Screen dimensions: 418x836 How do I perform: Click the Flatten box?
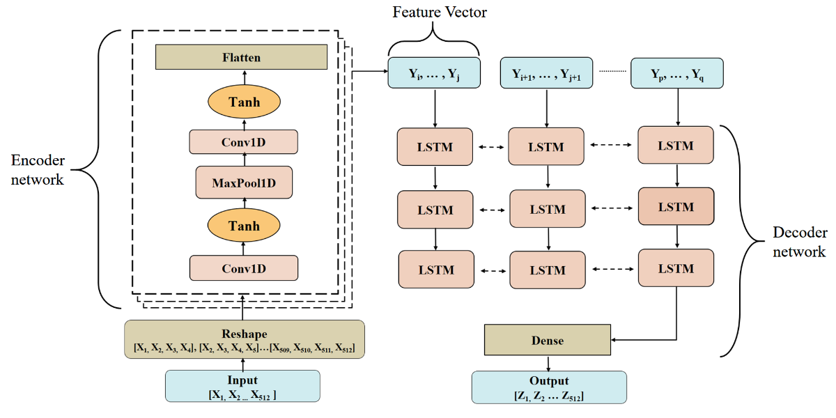(241, 57)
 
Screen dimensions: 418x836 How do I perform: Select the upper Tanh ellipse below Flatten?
(244, 102)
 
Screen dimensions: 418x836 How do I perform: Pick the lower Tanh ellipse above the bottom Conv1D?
(244, 226)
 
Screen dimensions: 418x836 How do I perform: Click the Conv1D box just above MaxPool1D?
(244, 142)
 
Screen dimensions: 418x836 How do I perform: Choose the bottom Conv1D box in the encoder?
(244, 268)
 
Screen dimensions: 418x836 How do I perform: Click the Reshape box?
(244, 339)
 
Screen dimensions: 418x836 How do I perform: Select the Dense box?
(547, 341)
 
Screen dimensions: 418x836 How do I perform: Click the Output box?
(549, 387)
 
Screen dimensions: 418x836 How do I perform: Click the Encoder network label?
(38, 170)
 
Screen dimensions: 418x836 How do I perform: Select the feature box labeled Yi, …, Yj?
(434, 73)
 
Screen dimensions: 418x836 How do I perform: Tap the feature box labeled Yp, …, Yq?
(676, 73)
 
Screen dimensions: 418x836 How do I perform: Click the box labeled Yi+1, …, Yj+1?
(547, 73)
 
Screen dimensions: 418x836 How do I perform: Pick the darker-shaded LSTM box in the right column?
(676, 206)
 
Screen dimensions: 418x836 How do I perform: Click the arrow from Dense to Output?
(548, 364)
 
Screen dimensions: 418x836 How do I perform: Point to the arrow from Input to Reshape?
(243, 364)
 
